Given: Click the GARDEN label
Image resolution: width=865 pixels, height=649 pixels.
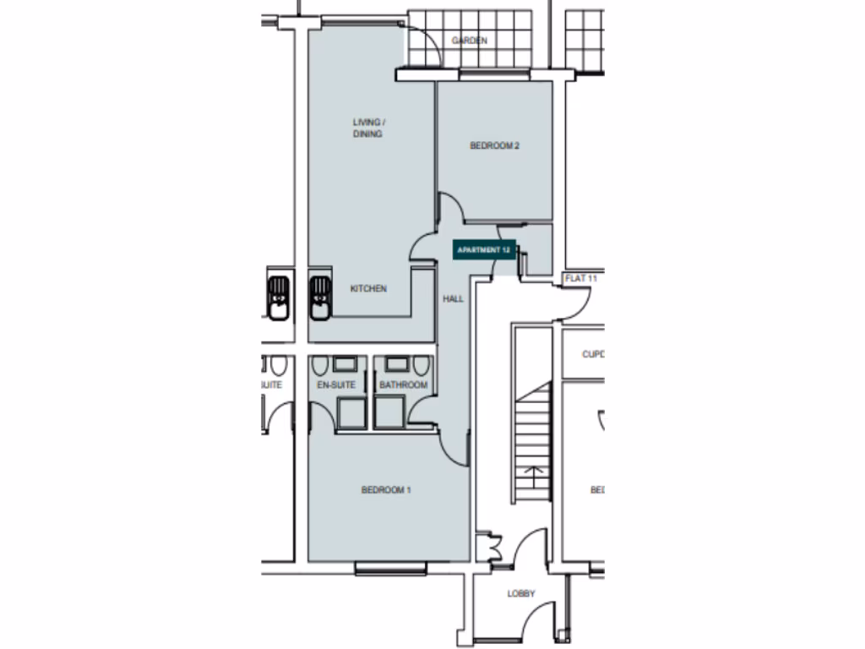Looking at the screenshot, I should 469,41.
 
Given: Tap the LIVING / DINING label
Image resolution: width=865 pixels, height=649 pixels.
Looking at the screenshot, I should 367,128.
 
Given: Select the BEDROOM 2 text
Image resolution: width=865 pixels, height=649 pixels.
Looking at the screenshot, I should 494,146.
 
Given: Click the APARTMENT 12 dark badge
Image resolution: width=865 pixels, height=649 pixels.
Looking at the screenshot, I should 484,250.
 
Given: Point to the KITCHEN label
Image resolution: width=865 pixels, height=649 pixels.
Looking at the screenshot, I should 368,289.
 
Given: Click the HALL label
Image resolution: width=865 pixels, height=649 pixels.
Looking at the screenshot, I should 454,298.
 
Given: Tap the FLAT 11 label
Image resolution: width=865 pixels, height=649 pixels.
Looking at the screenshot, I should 581,278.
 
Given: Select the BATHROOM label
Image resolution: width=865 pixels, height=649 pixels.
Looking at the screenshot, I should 403,385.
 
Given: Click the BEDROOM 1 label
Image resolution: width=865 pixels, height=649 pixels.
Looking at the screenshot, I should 386,490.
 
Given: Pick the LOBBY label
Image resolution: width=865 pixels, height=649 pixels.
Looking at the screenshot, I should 521,594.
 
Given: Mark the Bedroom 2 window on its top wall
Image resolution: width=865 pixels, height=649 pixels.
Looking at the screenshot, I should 494,75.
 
